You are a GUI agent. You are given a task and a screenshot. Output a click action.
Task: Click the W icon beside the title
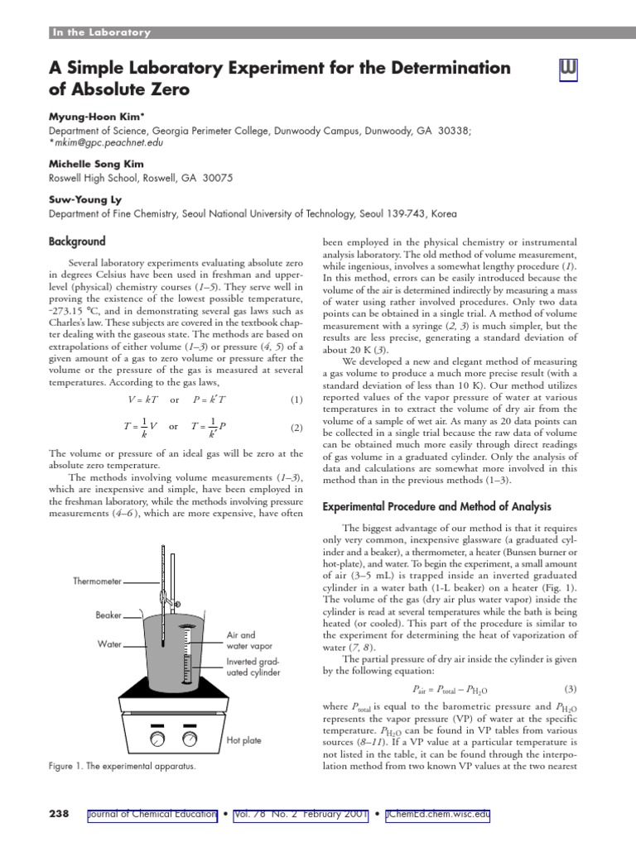click(568, 71)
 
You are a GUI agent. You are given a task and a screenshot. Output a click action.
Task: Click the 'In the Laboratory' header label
click(101, 32)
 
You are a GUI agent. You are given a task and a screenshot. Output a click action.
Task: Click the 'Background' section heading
click(77, 242)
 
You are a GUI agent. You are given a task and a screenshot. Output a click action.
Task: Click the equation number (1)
click(297, 400)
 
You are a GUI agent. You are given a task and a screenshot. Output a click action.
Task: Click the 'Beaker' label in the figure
click(108, 615)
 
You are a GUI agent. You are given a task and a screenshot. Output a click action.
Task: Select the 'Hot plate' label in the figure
click(243, 740)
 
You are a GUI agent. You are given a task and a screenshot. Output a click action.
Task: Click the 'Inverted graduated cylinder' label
click(253, 668)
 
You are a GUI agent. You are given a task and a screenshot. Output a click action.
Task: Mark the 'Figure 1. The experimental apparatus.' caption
click(123, 767)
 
